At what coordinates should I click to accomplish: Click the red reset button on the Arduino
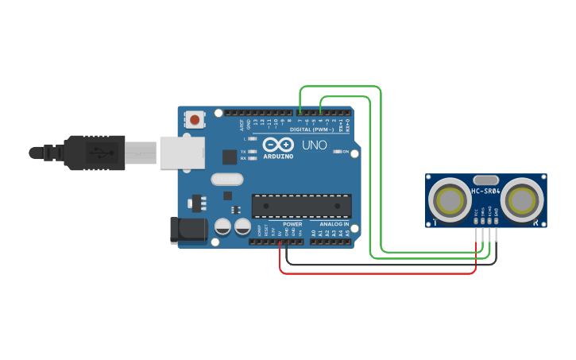pos(194,120)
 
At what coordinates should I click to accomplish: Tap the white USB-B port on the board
pos(183,152)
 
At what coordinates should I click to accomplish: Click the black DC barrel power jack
pos(188,230)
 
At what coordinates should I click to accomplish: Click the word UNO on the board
pos(314,145)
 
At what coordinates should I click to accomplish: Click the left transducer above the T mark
pos(450,199)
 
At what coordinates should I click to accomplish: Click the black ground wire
pos(389,263)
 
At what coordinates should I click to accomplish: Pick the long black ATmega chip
pos(302,205)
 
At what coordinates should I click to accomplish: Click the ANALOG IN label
pos(334,224)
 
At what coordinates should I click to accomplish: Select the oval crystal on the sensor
pos(485,180)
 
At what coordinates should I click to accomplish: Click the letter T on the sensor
pos(435,223)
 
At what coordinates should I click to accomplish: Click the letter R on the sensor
pos(535,223)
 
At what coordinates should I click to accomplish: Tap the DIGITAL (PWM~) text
pos(312,129)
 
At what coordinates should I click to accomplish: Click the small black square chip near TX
pos(229,157)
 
